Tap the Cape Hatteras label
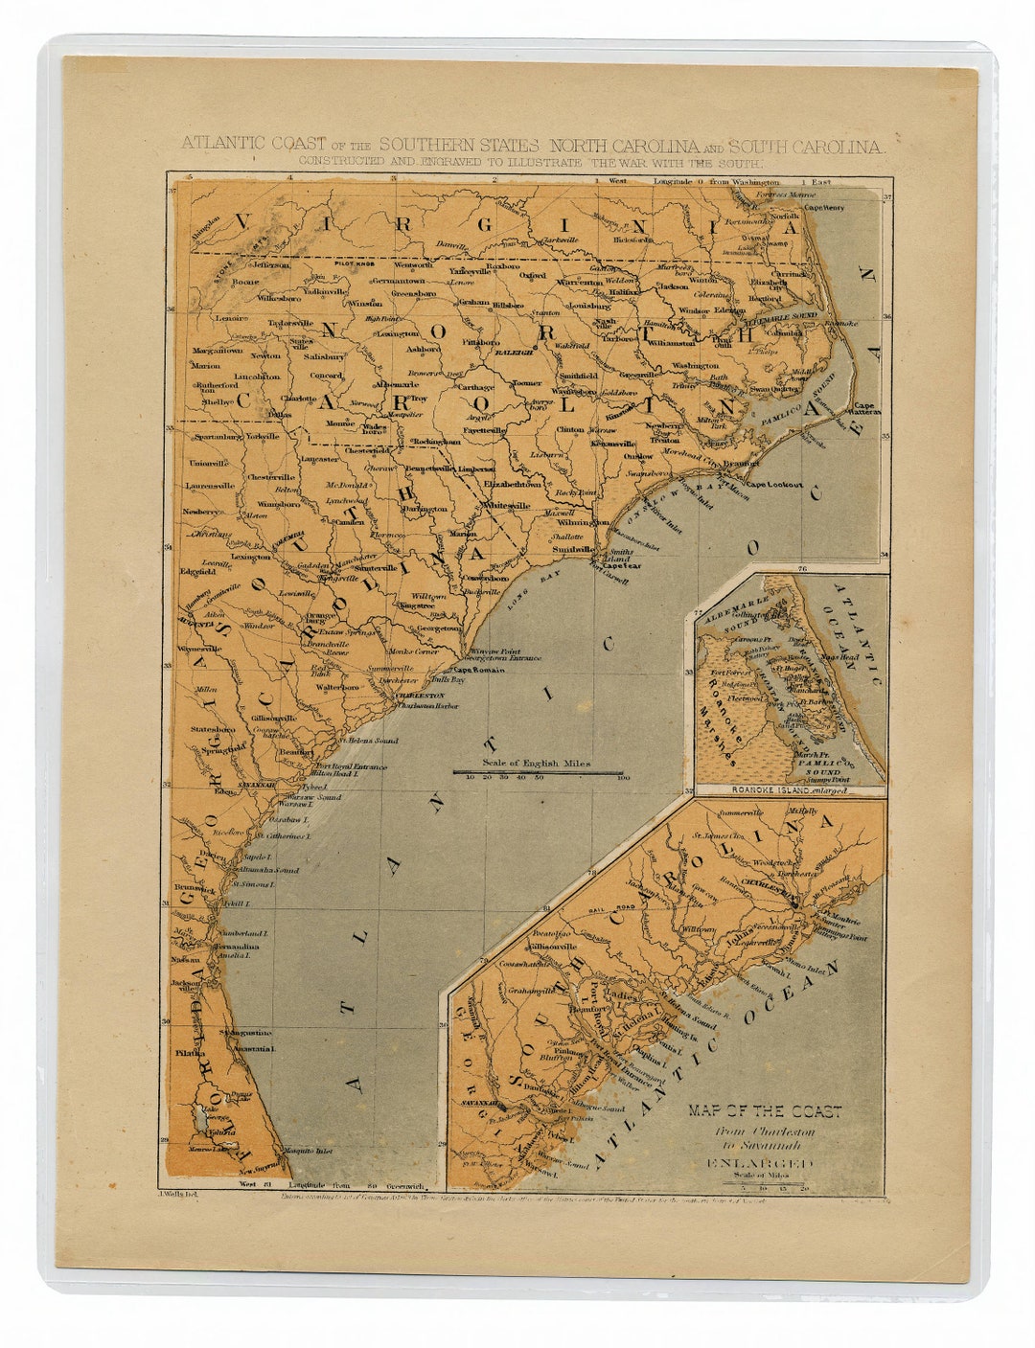pyautogui.click(x=867, y=409)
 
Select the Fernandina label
pyautogui.click(x=232, y=946)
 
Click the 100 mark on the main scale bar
pyautogui.click(x=623, y=778)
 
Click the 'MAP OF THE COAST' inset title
pyautogui.click(x=764, y=1111)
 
